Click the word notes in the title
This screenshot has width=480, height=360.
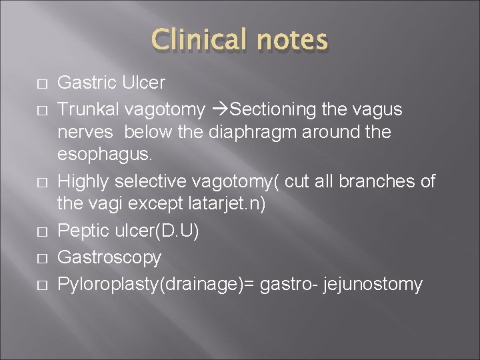pyautogui.click(x=289, y=40)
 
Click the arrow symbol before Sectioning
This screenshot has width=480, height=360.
pyautogui.click(x=220, y=108)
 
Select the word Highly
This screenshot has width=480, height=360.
pyautogui.click(x=84, y=181)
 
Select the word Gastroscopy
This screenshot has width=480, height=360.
pyautogui.click(x=109, y=257)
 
